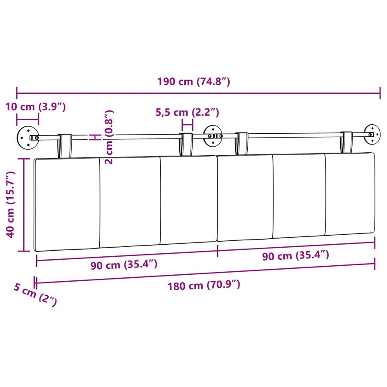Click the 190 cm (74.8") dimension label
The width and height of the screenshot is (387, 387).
[x=194, y=81]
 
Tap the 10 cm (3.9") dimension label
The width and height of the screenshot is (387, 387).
[x=36, y=107]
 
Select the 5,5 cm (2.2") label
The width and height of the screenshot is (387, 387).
[x=187, y=112]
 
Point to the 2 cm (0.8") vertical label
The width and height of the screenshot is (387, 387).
[x=109, y=137]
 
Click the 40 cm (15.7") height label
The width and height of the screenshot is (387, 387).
[x=11, y=204]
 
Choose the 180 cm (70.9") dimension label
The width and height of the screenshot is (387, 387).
[x=204, y=286]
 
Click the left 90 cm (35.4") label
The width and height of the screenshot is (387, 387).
[x=124, y=264]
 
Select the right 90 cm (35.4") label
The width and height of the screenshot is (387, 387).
[x=296, y=255]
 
